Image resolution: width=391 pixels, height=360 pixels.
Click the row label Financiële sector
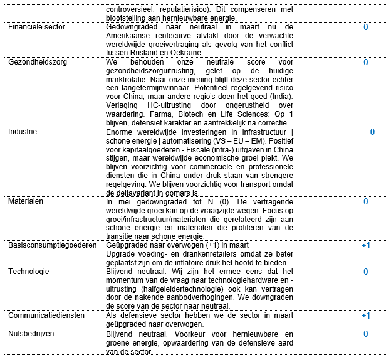click(36, 27)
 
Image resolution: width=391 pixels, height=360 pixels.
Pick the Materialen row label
click(25, 201)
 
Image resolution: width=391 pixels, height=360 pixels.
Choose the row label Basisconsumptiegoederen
click(53, 245)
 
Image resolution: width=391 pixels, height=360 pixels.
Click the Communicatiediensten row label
click(46, 315)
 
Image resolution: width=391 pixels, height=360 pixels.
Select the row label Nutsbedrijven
click(31, 334)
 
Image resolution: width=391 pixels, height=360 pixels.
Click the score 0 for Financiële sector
click(366, 28)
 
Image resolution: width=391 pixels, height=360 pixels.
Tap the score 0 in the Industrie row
click(372, 132)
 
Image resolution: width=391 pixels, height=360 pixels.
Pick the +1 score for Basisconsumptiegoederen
click(366, 245)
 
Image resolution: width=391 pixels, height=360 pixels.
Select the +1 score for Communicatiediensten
click(366, 315)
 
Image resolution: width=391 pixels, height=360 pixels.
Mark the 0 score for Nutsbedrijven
click(366, 334)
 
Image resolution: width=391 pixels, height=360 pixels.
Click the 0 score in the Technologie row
click(366, 272)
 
